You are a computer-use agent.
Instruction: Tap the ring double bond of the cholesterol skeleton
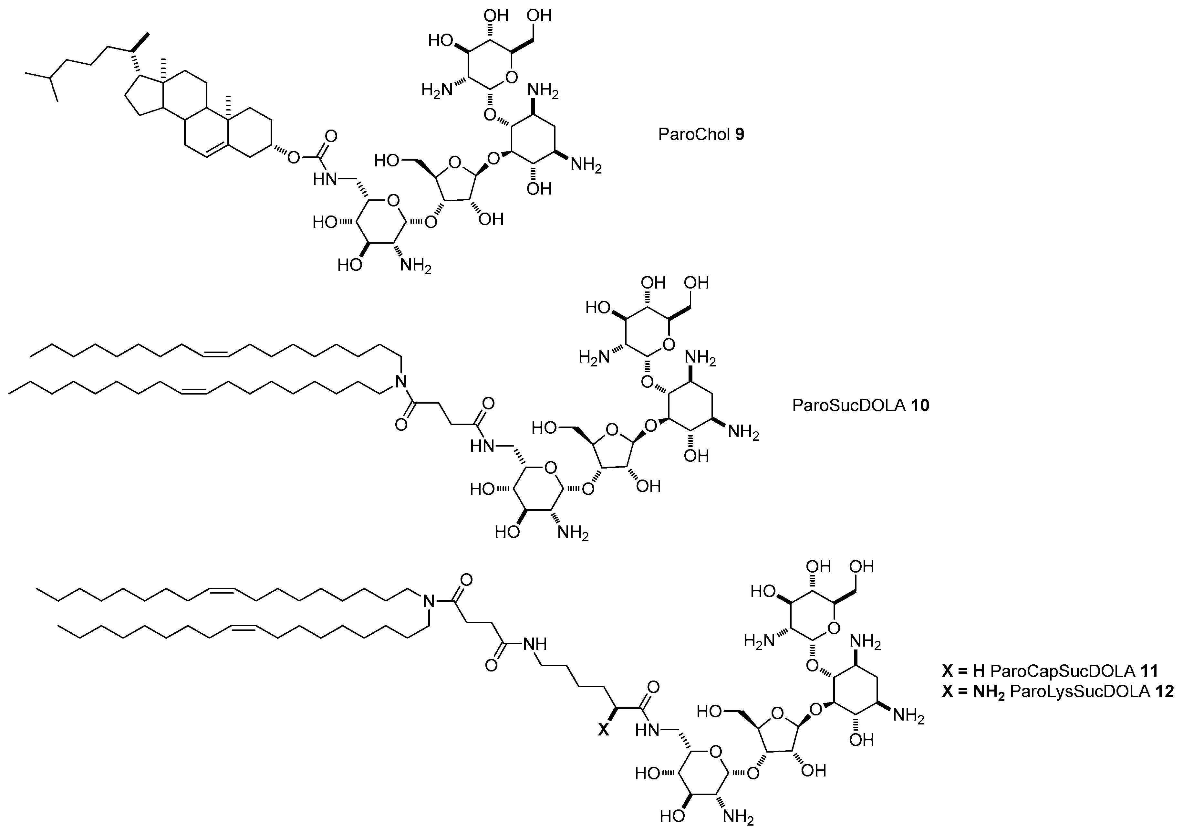point(216,151)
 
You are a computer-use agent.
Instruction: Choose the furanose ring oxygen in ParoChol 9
point(454,163)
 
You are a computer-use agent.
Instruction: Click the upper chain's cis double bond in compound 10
point(215,354)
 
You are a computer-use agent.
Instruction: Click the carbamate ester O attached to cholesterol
point(293,156)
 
